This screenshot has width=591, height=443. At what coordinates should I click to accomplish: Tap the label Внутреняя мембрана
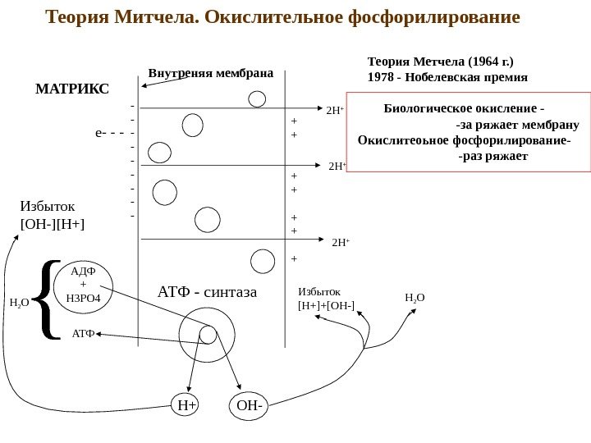point(210,72)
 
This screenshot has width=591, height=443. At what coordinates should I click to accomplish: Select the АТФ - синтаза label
point(207,291)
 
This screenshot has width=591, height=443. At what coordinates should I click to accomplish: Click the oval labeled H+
point(186,404)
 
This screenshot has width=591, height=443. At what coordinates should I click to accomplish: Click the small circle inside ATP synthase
point(208,333)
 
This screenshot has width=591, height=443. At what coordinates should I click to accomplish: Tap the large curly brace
point(49,299)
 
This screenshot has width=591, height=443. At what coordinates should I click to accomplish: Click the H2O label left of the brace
point(19,303)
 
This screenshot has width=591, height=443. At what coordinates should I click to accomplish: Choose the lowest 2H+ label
point(341,243)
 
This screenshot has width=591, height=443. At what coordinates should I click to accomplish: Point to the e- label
point(103,131)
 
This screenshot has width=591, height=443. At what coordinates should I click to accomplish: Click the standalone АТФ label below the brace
point(84,334)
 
